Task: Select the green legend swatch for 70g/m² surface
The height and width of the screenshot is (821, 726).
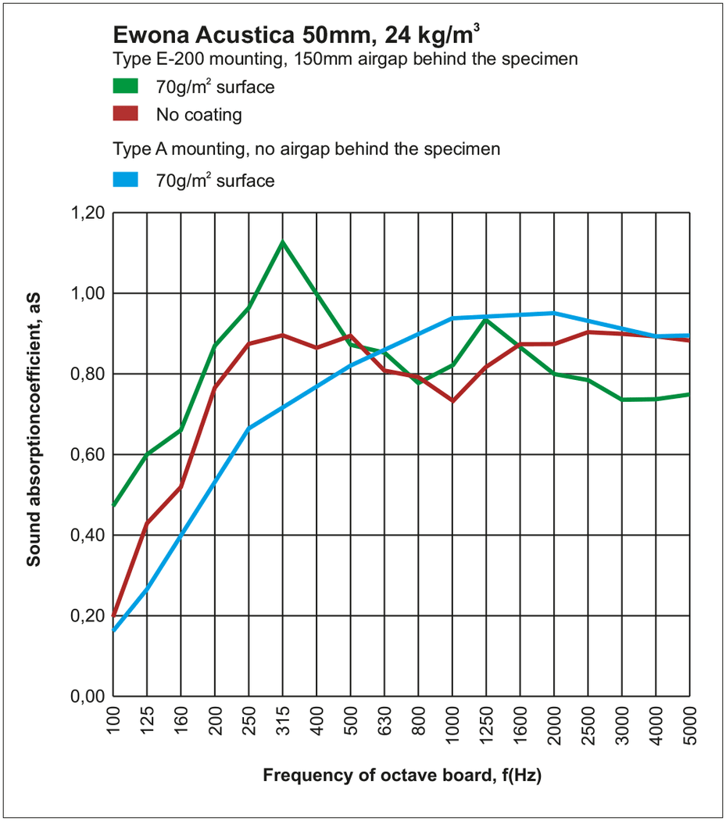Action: [125, 85]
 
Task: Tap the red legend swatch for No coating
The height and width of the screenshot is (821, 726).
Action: [125, 114]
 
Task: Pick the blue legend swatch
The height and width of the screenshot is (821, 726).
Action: [125, 180]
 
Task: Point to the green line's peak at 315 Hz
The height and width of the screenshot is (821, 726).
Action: [282, 242]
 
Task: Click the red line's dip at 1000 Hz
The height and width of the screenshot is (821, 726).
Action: [452, 401]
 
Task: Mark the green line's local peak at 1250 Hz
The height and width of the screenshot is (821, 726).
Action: [486, 319]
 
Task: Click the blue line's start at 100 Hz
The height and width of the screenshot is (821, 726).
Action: [114, 630]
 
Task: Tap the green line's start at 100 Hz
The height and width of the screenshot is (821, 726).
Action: [114, 507]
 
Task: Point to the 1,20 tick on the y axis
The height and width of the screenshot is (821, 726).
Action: [88, 213]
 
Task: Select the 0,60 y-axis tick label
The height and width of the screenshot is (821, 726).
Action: [88, 454]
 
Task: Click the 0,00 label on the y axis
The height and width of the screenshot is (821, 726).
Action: [88, 696]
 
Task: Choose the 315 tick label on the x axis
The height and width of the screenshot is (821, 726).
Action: [283, 720]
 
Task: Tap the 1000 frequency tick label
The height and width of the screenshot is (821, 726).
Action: [452, 723]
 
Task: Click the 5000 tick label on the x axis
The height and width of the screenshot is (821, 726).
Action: [689, 723]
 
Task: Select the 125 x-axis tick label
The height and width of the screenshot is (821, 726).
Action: [148, 720]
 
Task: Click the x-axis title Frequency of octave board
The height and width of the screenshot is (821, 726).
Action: [402, 776]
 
